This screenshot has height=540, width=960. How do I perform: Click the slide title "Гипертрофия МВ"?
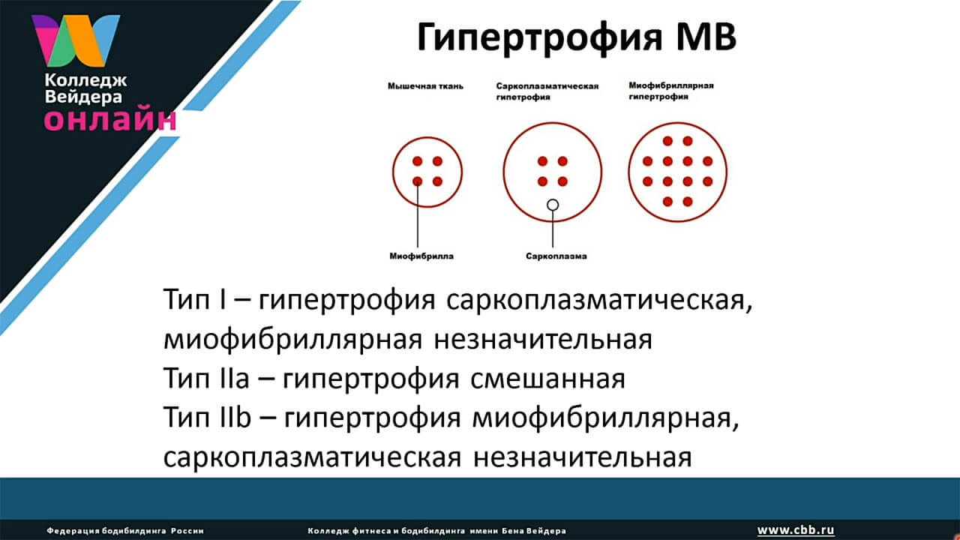(x=577, y=37)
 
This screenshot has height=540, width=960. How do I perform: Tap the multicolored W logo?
(x=76, y=40)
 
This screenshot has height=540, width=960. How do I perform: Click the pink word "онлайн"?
(x=110, y=120)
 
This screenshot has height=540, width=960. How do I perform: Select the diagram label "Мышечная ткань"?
(x=425, y=86)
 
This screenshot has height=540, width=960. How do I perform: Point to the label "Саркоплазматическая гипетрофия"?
(x=547, y=91)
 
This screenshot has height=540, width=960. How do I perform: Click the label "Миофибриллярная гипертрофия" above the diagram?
(x=671, y=91)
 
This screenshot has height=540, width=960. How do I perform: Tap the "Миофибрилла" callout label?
(x=421, y=256)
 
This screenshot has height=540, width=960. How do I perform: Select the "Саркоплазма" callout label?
(x=556, y=256)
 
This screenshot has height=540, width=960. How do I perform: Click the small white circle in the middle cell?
(x=553, y=205)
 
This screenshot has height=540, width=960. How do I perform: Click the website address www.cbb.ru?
(x=796, y=530)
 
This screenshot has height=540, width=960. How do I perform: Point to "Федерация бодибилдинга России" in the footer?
(x=125, y=531)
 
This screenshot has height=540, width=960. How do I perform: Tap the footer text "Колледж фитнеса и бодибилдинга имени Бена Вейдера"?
(x=436, y=531)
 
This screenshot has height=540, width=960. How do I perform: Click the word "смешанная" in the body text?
(x=547, y=379)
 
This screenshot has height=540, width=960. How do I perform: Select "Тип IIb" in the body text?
(x=207, y=416)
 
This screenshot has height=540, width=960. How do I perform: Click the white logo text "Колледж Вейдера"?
(x=85, y=88)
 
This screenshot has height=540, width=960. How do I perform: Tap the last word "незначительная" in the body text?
(x=583, y=457)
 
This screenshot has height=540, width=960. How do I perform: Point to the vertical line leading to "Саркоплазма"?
(x=553, y=229)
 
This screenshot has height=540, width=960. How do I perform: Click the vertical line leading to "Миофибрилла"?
(x=418, y=214)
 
